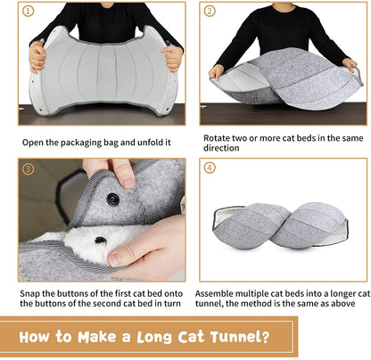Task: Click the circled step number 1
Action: (29, 12)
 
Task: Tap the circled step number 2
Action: (210, 12)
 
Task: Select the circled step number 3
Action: (29, 168)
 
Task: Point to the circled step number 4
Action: (210, 169)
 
